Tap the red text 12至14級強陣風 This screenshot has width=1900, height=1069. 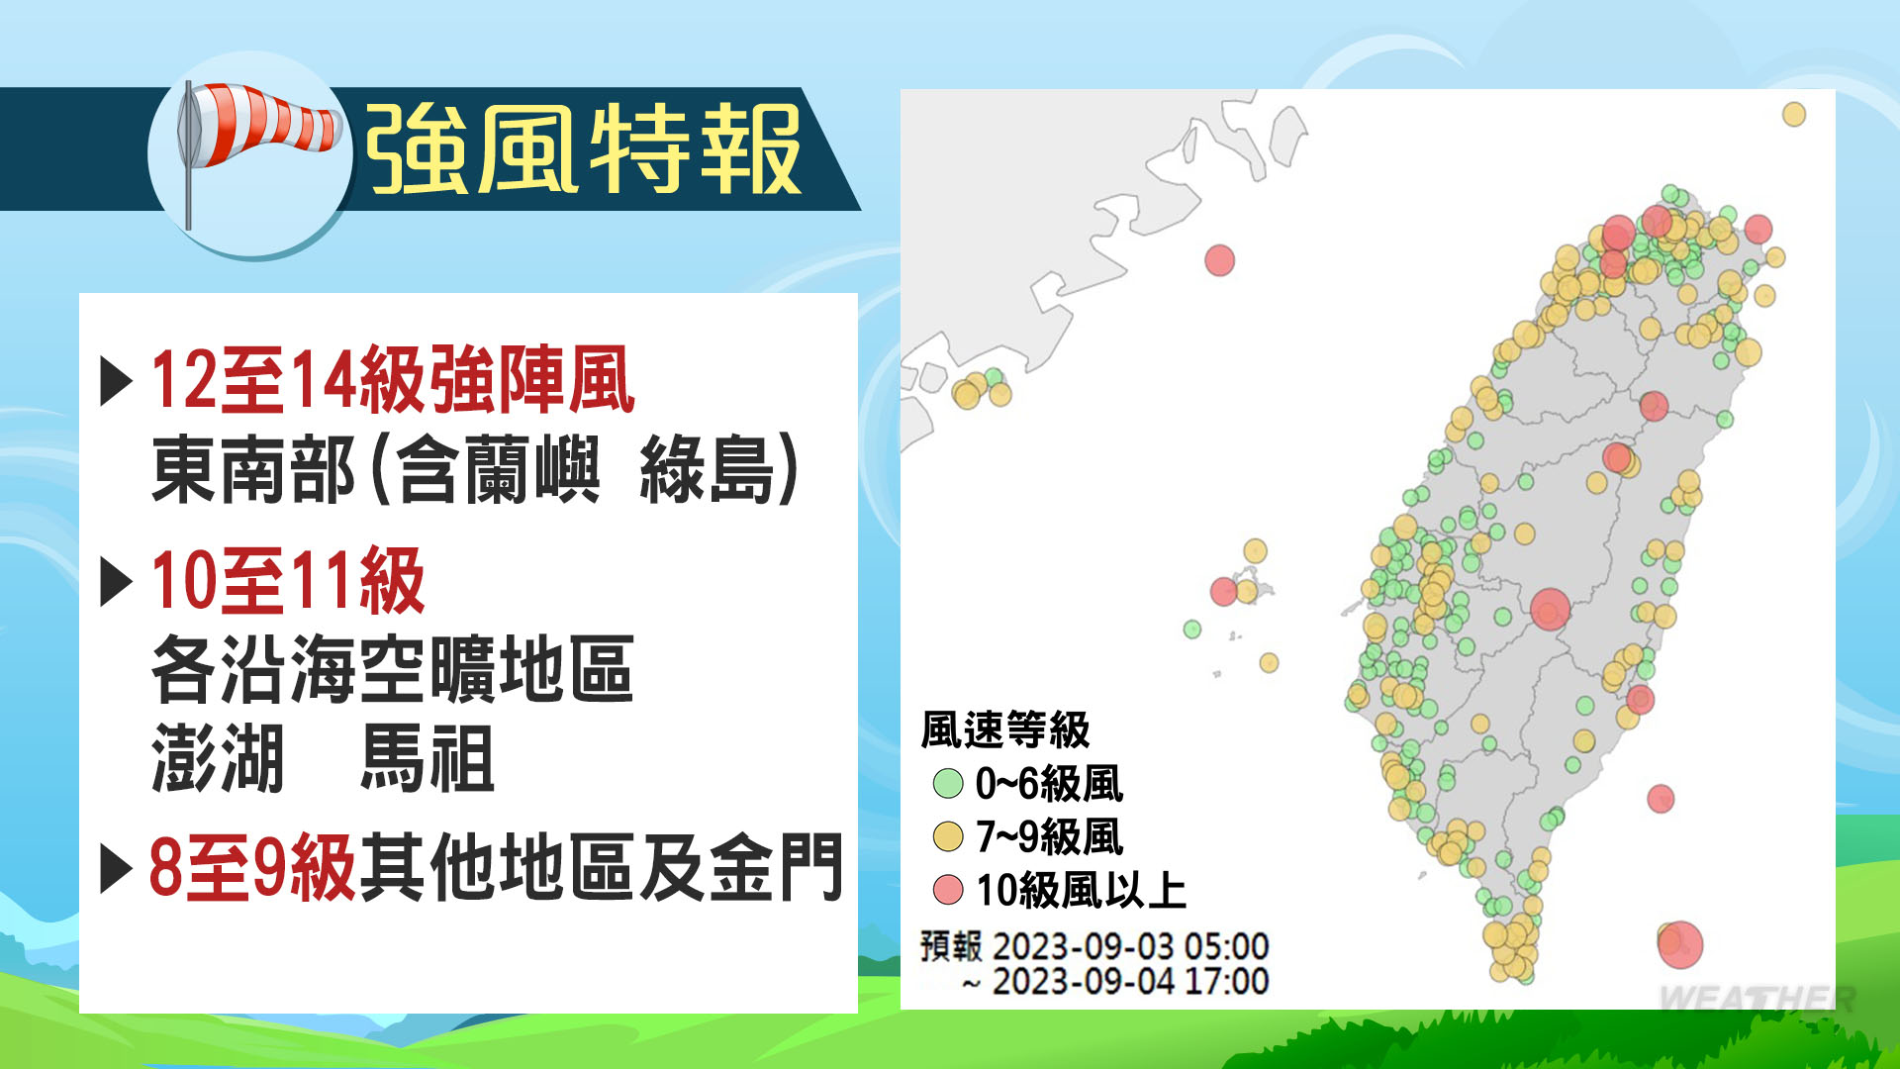coord(393,380)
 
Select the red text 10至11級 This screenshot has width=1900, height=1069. coord(288,581)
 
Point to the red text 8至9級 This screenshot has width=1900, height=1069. coord(252,868)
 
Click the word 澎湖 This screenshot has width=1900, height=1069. coord(219,758)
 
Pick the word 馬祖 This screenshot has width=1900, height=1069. coord(427,758)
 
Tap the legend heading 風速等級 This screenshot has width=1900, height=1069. coord(1005,730)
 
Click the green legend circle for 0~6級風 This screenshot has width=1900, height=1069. coord(948,784)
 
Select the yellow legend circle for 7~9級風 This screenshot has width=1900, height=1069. coord(948,837)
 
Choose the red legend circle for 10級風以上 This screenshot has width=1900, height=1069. coord(948,890)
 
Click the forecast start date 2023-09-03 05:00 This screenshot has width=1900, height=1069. coord(1131,946)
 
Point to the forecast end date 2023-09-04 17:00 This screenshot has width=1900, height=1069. coord(1131,982)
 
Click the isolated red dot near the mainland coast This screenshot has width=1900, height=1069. coord(1220,260)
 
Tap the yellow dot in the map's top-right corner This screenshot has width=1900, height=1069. coord(1794,114)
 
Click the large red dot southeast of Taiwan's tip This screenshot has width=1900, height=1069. coord(1680,944)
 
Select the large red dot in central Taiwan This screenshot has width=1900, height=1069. coord(1550,609)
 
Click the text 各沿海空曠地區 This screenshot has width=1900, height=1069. coord(393,670)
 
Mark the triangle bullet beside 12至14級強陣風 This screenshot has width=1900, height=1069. coord(116,381)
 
